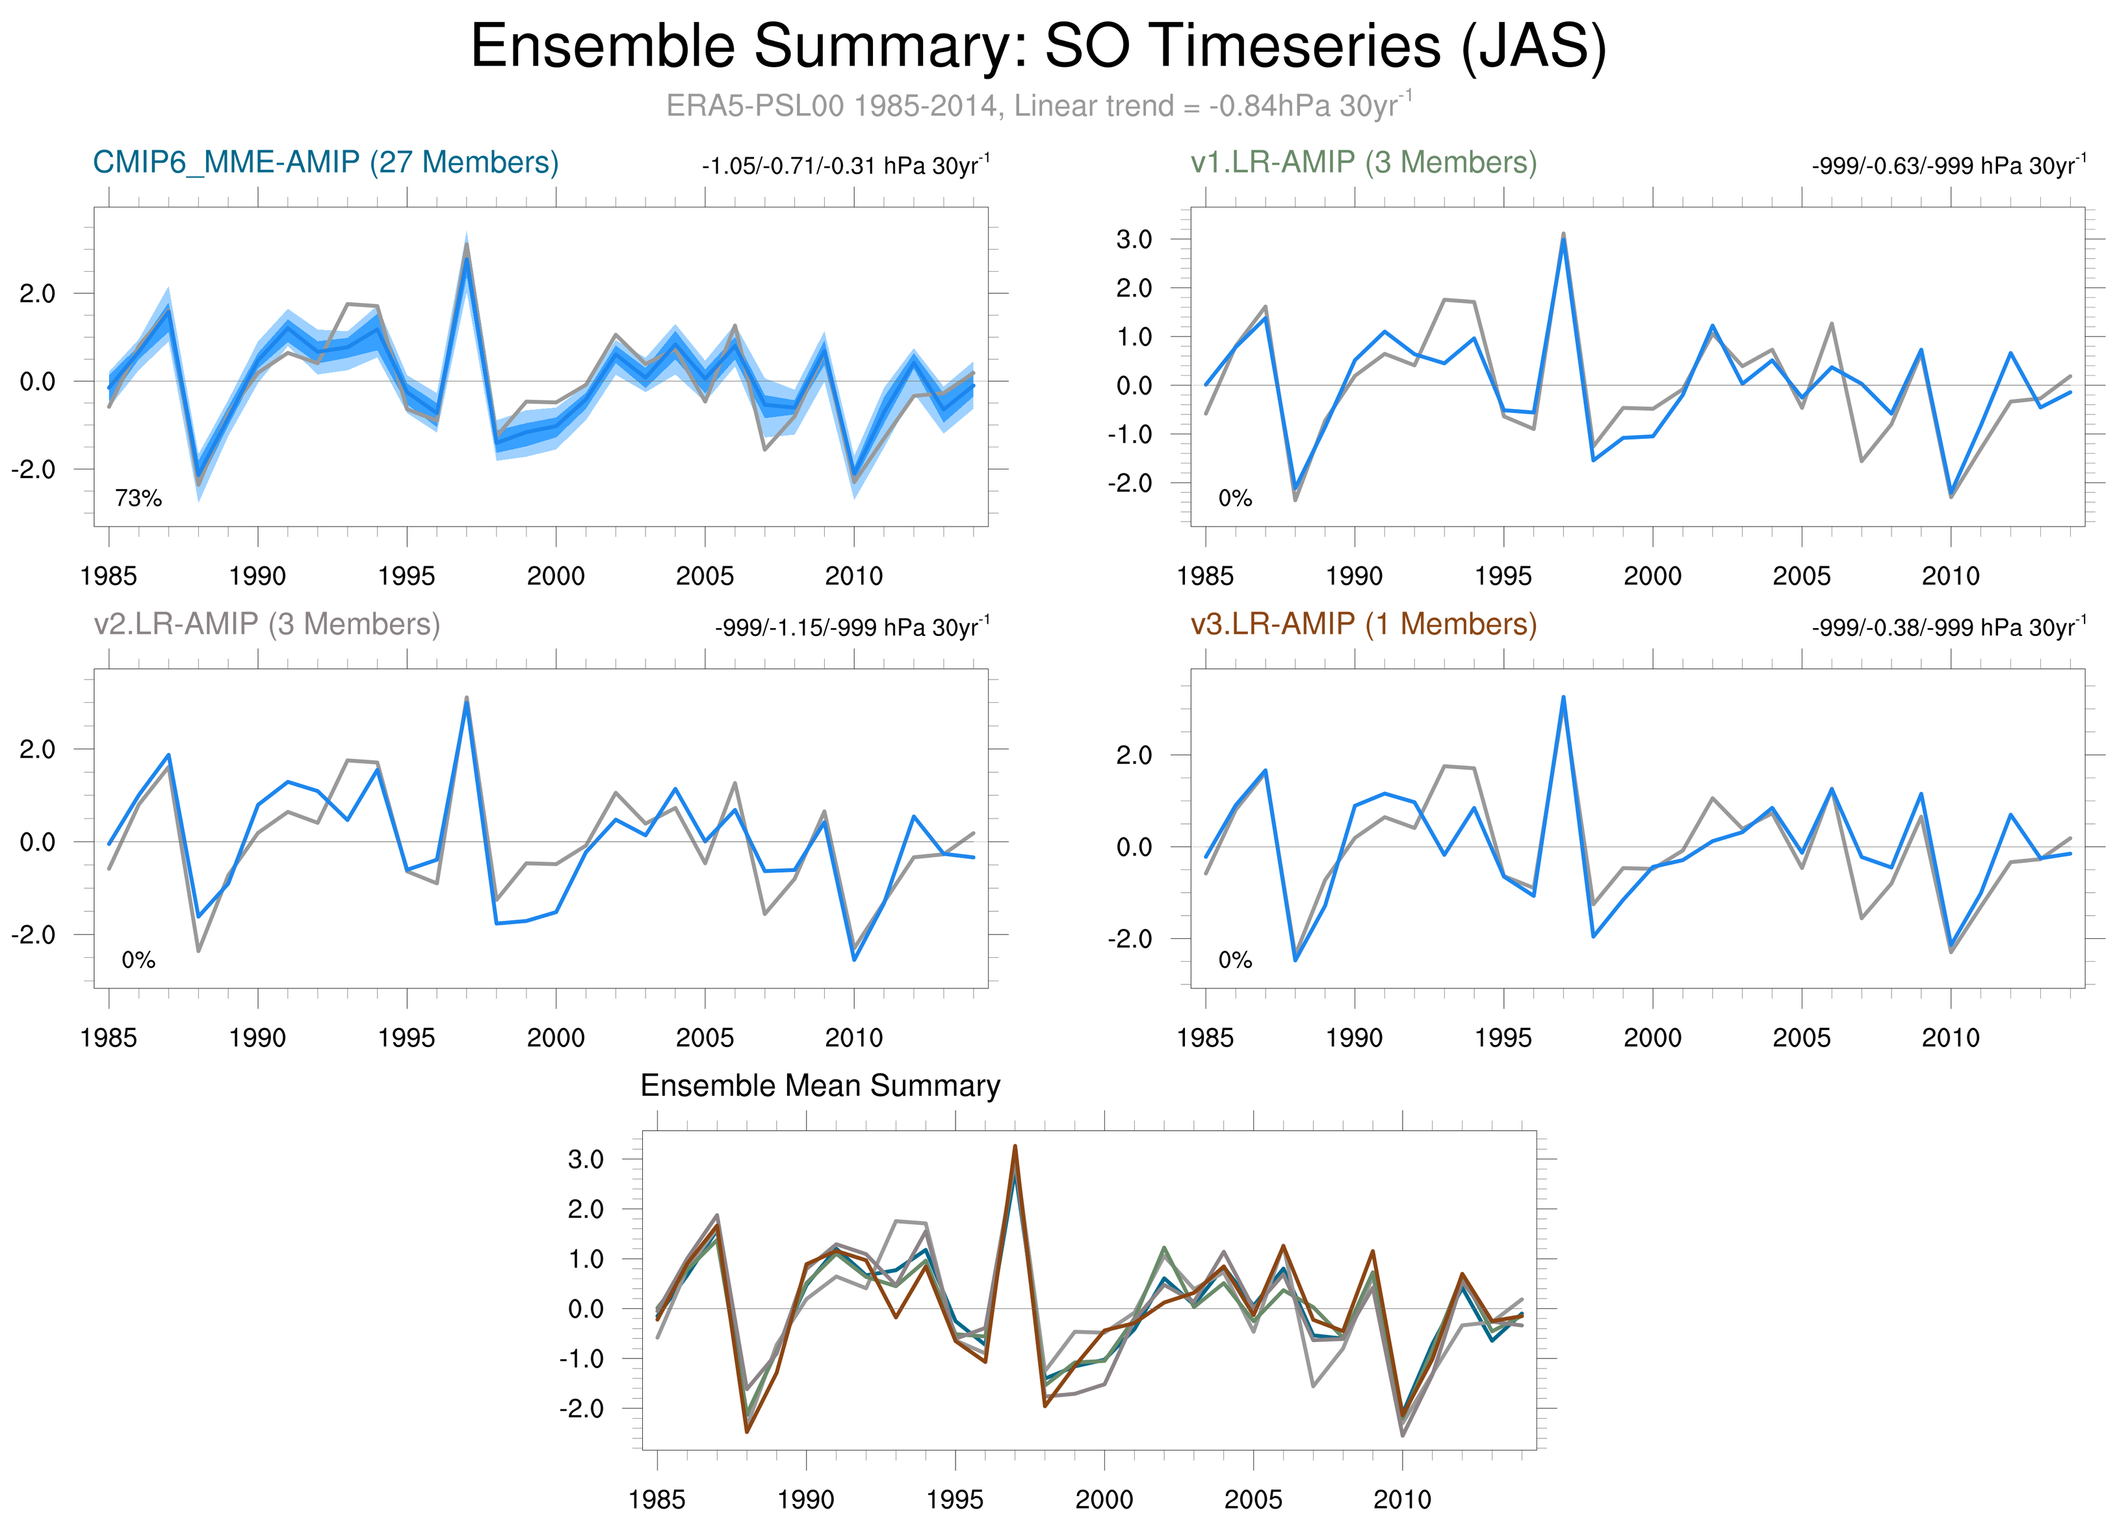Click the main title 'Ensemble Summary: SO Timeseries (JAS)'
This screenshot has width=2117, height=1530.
(1038, 47)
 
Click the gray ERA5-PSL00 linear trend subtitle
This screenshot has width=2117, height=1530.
(1038, 105)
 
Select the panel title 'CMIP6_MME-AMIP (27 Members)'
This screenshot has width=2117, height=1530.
(326, 163)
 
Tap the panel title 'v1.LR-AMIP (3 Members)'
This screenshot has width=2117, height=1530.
(1363, 163)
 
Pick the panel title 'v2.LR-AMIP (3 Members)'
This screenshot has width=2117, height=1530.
(267, 624)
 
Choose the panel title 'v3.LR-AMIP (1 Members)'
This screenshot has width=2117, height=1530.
(1363, 624)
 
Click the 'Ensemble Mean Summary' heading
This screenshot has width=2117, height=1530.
(820, 1086)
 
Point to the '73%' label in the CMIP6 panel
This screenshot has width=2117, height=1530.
(138, 499)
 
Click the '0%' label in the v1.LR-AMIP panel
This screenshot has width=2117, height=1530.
(1235, 499)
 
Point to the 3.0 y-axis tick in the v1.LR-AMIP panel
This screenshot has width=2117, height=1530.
(1134, 240)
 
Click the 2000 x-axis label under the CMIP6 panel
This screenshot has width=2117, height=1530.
(555, 576)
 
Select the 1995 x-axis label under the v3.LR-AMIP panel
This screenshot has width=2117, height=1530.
(1503, 1037)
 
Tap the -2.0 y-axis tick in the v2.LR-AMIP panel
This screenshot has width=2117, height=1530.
(32, 934)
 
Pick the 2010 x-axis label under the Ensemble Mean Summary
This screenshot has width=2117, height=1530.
(1402, 1499)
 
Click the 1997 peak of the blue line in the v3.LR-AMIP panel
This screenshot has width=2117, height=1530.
(1563, 696)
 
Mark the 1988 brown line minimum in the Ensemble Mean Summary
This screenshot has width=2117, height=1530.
(747, 1432)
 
